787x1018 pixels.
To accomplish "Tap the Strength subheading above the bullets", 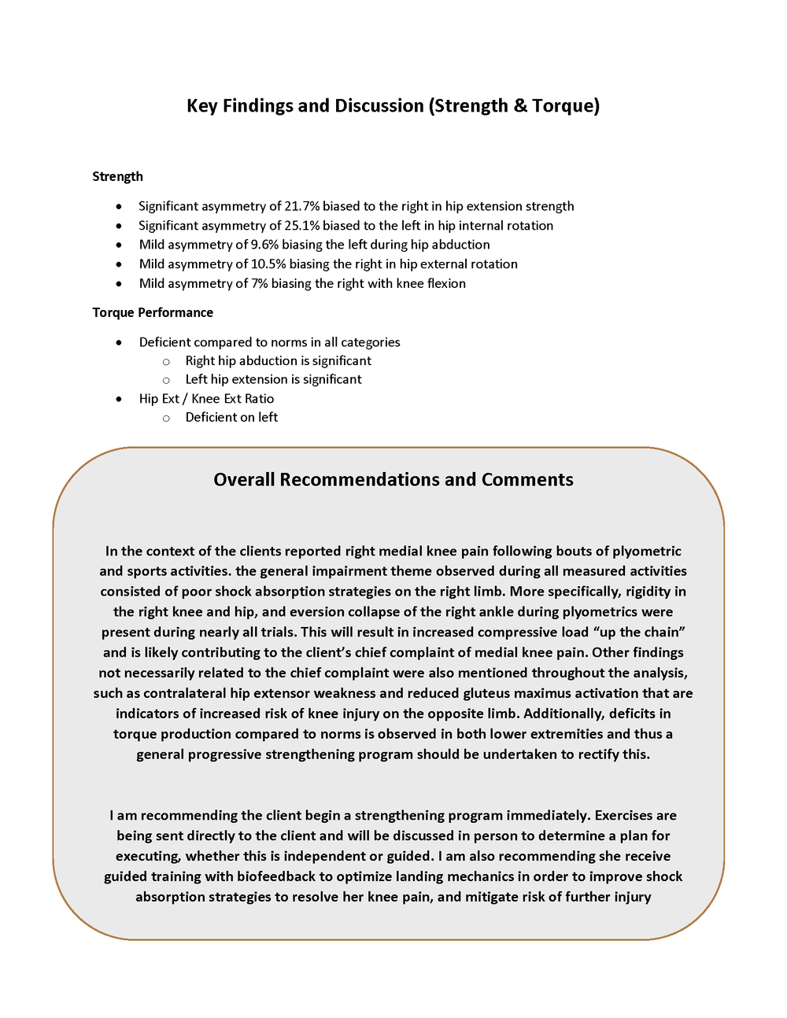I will click(x=117, y=176).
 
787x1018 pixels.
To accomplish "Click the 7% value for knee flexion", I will click(x=260, y=283).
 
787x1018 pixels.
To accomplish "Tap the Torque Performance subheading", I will click(x=153, y=312).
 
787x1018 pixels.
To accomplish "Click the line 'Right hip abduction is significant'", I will click(x=278, y=360).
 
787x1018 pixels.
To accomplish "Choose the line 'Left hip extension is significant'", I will click(x=273, y=379).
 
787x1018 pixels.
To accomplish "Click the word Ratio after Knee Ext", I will click(x=259, y=399).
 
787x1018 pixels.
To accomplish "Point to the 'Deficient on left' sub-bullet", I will click(x=231, y=418).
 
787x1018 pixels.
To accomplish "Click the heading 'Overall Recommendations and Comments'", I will click(x=393, y=480).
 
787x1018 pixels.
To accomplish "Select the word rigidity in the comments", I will click(x=649, y=592).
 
